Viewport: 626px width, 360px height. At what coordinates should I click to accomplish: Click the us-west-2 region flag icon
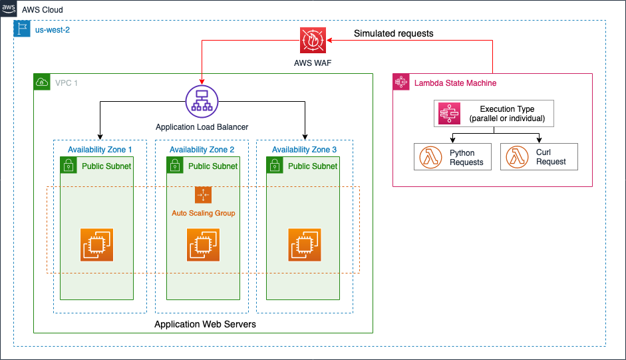coord(22,29)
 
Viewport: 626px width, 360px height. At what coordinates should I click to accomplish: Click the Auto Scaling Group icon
coord(203,195)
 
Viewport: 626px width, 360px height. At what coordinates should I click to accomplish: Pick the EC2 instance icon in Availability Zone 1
coord(97,244)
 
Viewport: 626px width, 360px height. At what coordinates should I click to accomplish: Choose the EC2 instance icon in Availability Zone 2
coord(203,244)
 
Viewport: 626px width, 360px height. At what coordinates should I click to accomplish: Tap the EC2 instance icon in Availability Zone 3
coord(305,244)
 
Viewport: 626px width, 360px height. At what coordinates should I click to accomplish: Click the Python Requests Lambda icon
coord(429,157)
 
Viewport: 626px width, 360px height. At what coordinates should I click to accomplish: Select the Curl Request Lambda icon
coord(516,157)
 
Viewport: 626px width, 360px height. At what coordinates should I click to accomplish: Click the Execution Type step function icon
coord(450,114)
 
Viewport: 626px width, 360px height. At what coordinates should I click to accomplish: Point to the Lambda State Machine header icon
coord(401,83)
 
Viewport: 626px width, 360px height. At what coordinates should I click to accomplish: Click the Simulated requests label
coord(393,33)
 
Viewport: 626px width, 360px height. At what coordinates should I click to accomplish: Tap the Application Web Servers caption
coord(205,324)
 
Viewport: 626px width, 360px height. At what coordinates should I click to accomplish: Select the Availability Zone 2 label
coord(202,150)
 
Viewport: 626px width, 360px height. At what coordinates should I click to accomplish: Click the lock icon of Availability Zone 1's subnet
coord(69,166)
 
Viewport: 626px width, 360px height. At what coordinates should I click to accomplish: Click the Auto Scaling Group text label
coord(203,213)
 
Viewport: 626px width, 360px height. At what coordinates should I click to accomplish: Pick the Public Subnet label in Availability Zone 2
coord(212,166)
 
